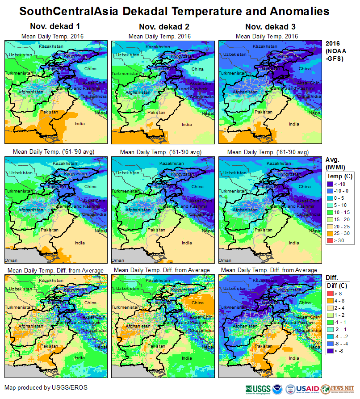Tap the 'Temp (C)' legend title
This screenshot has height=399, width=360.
coord(340,176)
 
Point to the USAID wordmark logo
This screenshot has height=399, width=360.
coord(307,388)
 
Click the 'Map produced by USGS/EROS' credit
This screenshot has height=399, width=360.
coord(46,387)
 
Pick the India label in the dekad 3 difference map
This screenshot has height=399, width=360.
coord(294,358)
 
